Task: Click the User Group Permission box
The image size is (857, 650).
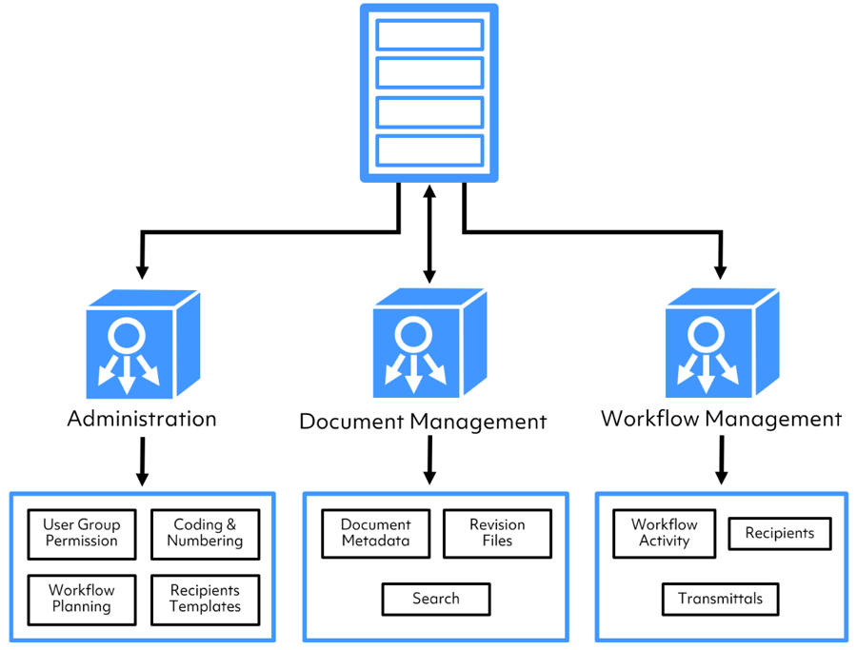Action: click(81, 533)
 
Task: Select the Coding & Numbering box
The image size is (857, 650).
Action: click(205, 533)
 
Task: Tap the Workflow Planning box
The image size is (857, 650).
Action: click(81, 599)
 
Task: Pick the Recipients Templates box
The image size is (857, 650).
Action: click(205, 599)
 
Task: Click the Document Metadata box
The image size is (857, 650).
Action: click(375, 533)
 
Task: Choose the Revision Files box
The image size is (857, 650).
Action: click(497, 533)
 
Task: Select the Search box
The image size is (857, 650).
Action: click(436, 599)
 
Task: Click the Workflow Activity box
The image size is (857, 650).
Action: click(664, 533)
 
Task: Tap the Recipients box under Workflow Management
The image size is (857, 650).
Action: click(779, 533)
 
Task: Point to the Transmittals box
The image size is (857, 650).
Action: click(720, 599)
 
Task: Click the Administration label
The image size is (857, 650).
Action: click(142, 419)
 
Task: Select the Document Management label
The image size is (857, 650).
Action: click(423, 421)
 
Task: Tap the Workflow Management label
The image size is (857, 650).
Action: click(721, 419)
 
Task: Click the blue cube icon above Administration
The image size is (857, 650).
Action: click(142, 345)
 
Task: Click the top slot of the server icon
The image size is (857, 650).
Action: click(428, 34)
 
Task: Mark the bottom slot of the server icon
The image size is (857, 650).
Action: click(428, 150)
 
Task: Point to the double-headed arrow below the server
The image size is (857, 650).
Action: click(429, 233)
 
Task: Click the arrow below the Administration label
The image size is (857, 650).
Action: click(142, 461)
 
